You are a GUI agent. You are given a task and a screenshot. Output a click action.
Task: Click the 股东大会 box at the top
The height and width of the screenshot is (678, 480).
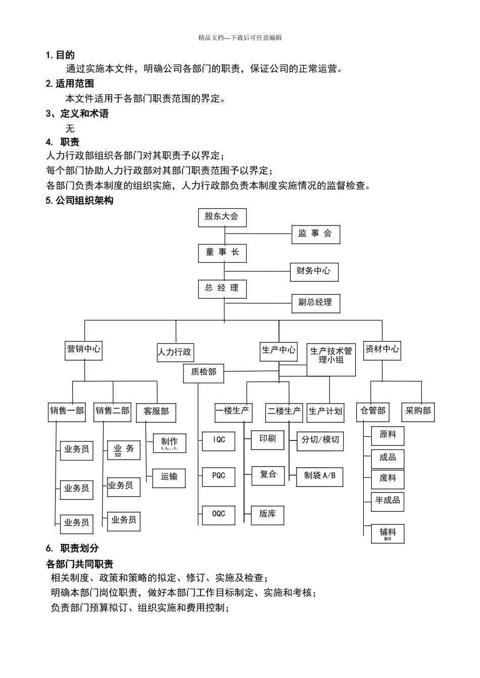pos(221,217)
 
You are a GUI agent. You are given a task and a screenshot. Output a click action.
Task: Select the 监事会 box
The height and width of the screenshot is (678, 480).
pos(315,234)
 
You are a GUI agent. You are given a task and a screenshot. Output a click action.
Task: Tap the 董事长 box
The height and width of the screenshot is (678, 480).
pos(222,252)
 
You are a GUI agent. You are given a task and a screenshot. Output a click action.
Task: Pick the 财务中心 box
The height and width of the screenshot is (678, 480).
pos(314,271)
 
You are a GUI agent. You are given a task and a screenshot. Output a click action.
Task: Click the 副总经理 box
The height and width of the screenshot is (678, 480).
pos(315,303)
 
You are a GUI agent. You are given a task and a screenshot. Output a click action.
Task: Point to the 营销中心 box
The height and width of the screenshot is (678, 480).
pos(83,349)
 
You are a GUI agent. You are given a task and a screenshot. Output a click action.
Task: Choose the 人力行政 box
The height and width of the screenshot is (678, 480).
pos(175,352)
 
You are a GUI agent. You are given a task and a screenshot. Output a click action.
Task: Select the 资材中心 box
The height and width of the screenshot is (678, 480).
pos(382,349)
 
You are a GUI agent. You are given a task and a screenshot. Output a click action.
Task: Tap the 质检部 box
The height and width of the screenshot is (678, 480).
pos(204,372)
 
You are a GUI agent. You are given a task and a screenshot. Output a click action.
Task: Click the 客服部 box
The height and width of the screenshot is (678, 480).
pos(156,412)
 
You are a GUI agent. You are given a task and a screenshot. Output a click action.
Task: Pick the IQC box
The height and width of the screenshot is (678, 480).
pos(218,440)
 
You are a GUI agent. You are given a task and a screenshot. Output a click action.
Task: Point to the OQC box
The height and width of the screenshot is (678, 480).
pos(218,514)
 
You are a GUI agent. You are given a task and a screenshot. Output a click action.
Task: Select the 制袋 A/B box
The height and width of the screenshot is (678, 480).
pos(320,476)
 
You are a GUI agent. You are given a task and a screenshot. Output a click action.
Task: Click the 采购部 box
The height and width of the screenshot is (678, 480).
pos(418,412)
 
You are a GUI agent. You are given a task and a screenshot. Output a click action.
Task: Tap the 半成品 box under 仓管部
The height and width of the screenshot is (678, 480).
pos(388,501)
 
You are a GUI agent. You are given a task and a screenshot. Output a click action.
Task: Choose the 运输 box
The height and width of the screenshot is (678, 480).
pos(169,477)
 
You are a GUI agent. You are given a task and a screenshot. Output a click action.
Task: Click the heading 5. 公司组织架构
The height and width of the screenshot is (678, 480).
pos(79,201)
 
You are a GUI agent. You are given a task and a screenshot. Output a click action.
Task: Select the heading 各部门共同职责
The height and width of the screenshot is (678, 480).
pos(79,564)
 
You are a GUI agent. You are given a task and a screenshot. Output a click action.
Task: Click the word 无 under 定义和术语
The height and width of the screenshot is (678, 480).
pos(70,129)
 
